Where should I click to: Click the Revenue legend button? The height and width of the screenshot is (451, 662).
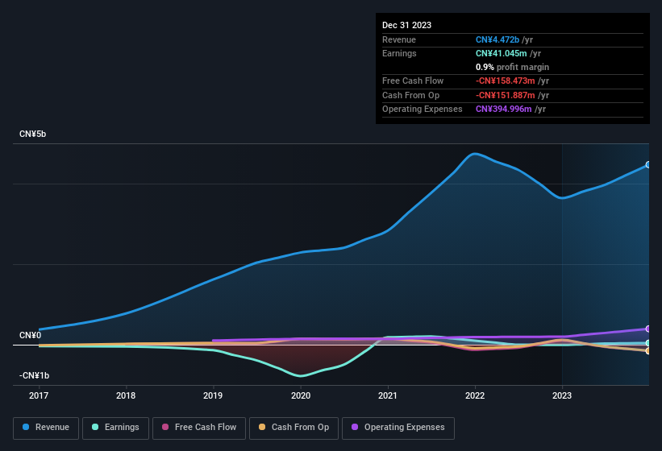(x=46, y=428)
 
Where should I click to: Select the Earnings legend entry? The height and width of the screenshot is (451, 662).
(x=114, y=428)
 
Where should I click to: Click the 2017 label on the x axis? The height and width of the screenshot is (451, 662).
(x=38, y=395)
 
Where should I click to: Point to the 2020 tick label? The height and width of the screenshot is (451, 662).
(x=300, y=395)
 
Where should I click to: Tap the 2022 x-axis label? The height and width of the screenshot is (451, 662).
(x=475, y=395)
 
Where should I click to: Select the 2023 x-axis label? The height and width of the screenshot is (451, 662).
(x=562, y=395)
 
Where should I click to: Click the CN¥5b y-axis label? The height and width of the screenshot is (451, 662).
(x=33, y=134)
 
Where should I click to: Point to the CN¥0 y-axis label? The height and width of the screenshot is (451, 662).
(x=30, y=335)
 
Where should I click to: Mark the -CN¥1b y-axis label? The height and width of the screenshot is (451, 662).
(x=34, y=375)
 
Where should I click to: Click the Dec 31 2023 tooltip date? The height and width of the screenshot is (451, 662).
(x=406, y=25)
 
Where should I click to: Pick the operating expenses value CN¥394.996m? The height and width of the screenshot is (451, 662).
(x=504, y=109)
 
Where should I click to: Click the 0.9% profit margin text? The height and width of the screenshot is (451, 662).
(x=512, y=67)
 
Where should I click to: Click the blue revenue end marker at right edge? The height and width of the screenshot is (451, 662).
(x=648, y=165)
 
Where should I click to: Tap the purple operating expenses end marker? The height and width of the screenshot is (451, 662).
(x=648, y=329)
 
